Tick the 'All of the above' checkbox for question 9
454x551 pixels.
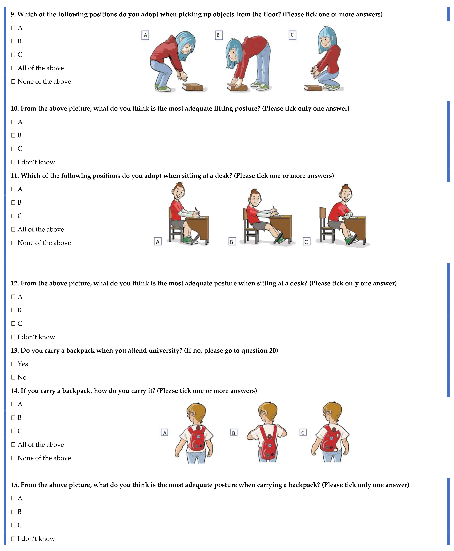(x=13, y=68)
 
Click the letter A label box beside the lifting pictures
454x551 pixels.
(x=145, y=35)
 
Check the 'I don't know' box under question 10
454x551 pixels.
(x=13, y=162)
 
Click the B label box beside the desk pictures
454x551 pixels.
(x=232, y=242)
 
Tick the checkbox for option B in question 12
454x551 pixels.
(x=13, y=310)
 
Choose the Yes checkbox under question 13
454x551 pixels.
(x=13, y=364)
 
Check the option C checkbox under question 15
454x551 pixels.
(x=13, y=525)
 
